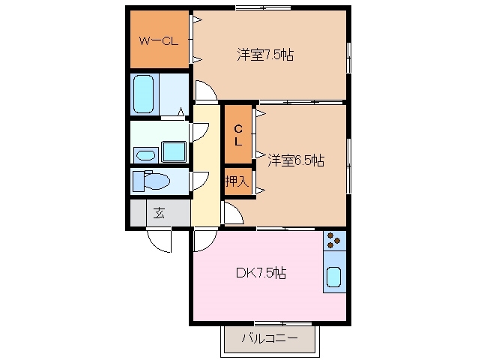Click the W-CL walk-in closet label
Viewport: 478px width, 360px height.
(158, 40)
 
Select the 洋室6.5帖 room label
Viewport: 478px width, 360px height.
(297, 160)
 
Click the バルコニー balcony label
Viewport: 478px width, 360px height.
(269, 339)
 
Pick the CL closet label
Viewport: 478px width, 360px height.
(238, 135)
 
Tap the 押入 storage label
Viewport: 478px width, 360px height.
(238, 181)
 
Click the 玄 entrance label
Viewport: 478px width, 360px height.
(159, 212)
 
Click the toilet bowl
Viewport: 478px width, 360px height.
(156, 181)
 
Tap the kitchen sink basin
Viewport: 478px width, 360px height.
(335, 278)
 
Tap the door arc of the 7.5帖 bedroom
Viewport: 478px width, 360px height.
(206, 91)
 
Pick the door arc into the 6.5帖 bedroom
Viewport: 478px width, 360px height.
(232, 213)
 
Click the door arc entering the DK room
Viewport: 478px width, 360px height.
(203, 240)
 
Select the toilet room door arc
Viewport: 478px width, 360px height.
(200, 180)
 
